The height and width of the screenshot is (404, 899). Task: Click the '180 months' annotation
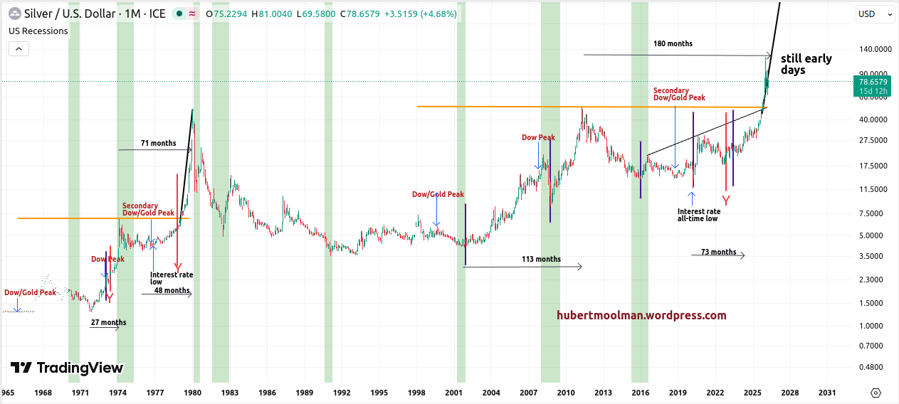[673, 44]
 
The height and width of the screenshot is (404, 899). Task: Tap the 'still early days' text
[806, 64]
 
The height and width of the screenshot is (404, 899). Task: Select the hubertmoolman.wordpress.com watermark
[641, 315]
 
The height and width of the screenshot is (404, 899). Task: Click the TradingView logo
[67, 368]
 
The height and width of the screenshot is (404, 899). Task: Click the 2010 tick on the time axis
[566, 393]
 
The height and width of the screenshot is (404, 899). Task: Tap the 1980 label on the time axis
[192, 393]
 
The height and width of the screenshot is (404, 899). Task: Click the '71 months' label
[158, 144]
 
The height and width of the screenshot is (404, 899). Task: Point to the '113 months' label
[541, 259]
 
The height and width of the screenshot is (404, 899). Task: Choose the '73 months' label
[718, 252]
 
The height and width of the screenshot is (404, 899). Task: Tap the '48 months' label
[172, 290]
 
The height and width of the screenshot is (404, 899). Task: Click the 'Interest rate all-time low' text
[698, 215]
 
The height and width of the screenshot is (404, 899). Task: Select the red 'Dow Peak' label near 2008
[538, 137]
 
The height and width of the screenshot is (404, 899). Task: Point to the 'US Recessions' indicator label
[38, 31]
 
